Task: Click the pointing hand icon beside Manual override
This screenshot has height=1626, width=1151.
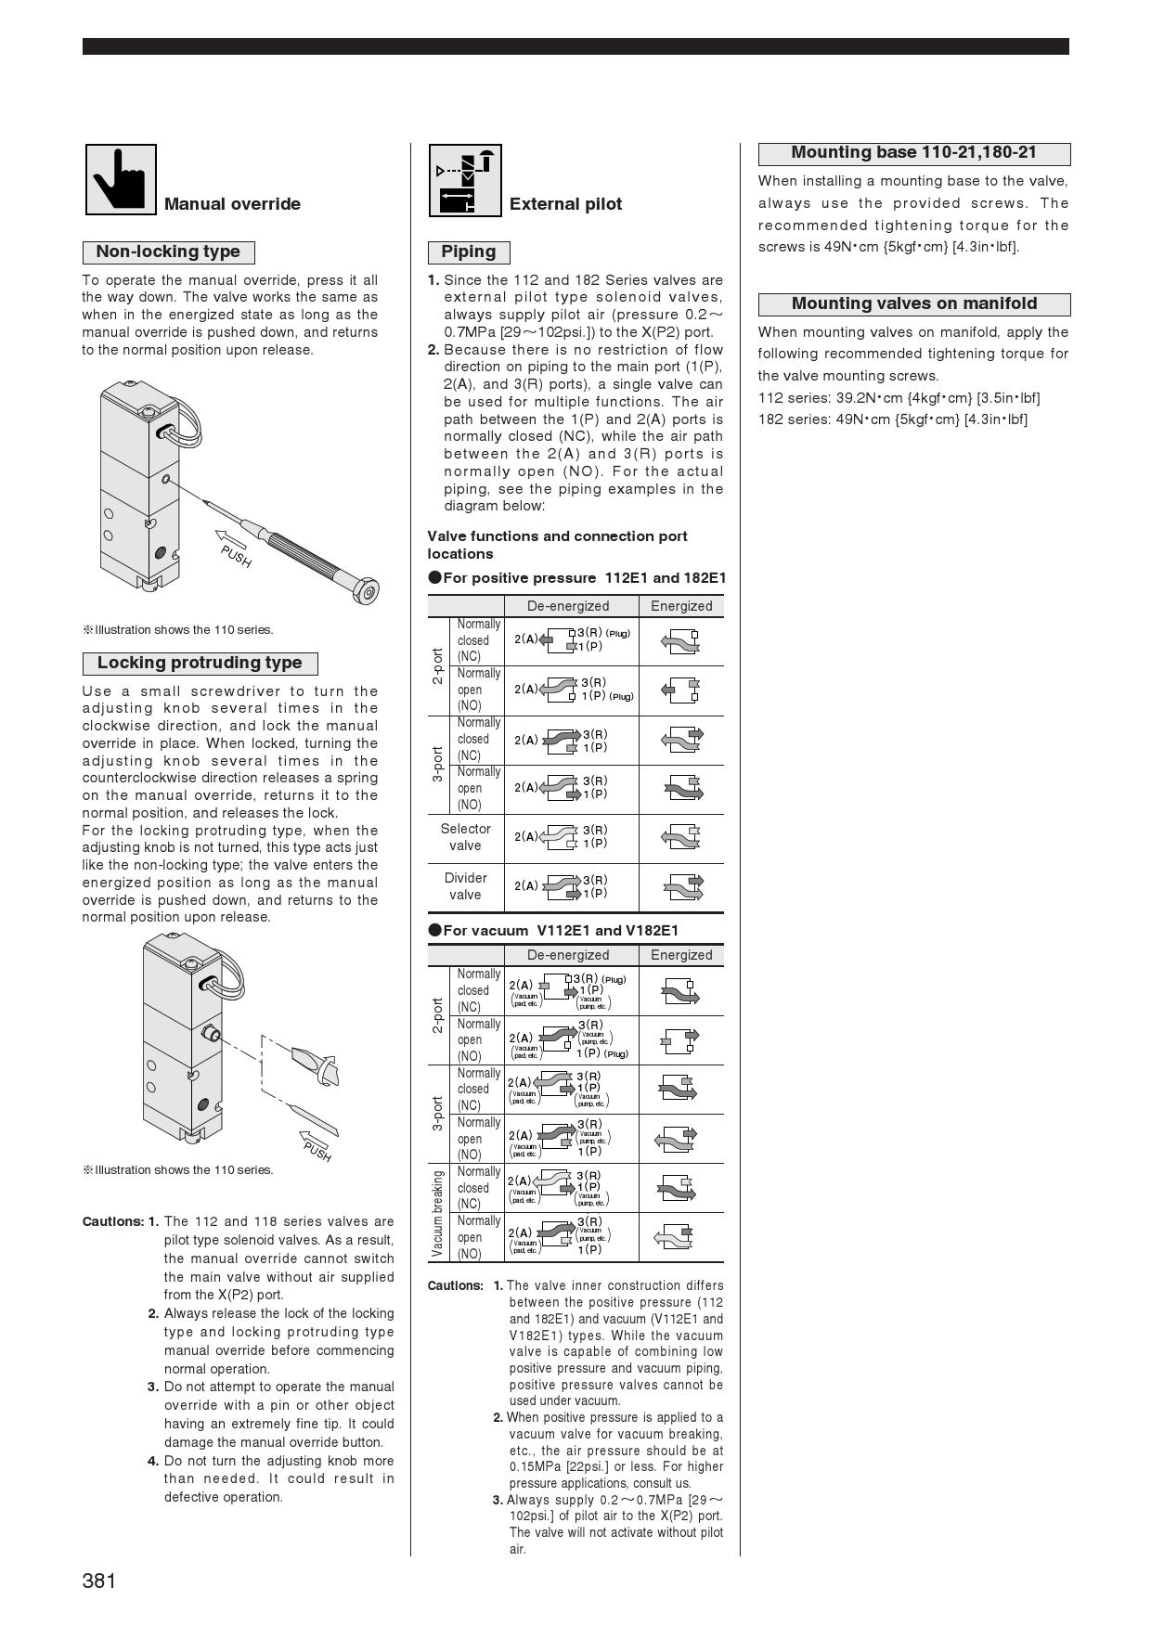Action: click(121, 179)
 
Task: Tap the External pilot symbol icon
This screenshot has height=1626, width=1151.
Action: click(465, 180)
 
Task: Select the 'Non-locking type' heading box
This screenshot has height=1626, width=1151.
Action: click(168, 252)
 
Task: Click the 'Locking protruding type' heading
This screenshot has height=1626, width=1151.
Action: click(200, 663)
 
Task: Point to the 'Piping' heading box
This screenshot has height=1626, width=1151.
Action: click(469, 252)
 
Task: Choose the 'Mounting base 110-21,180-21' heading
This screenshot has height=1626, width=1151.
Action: click(913, 153)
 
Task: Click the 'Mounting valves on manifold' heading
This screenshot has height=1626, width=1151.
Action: click(913, 303)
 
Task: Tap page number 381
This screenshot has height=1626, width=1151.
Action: click(99, 1581)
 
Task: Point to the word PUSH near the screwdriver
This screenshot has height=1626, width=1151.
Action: click(237, 555)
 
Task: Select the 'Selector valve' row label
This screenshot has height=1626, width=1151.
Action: click(466, 837)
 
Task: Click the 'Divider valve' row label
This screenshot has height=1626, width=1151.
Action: click(466, 886)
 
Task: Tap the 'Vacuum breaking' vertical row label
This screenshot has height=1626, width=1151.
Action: click(438, 1213)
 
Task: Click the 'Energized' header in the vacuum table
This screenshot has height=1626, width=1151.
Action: click(681, 955)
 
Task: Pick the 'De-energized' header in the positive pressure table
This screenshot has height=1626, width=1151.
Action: click(568, 606)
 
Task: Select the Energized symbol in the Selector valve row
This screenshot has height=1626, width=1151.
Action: click(681, 837)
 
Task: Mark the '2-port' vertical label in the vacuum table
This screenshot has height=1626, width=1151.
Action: click(438, 1015)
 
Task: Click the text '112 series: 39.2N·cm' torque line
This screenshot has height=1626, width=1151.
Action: click(899, 398)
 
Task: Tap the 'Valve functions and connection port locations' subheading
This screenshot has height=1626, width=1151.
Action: click(557, 545)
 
